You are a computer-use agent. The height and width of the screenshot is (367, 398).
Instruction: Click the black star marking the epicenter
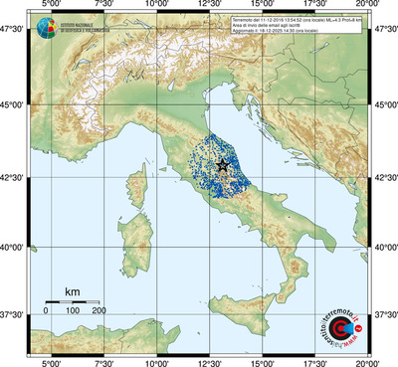point(223,165)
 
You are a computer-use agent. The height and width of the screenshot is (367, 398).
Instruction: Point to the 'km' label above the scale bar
point(72,291)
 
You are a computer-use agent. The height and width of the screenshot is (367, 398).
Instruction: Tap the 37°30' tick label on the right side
point(384,314)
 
